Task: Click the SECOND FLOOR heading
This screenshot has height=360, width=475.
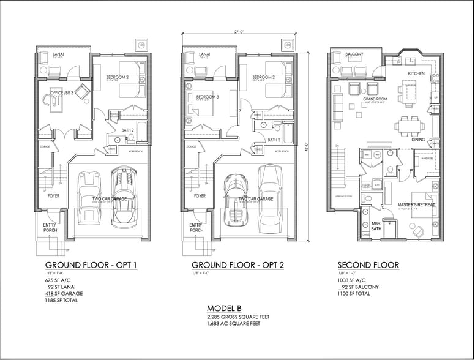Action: (x=368, y=265)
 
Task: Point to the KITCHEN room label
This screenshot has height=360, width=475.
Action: (x=416, y=73)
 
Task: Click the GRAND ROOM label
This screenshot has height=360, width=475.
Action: (x=374, y=98)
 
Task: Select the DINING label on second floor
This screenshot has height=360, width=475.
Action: (x=418, y=140)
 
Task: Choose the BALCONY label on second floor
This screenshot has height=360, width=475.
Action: (x=354, y=54)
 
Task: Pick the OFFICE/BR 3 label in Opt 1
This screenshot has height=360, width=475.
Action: (x=62, y=92)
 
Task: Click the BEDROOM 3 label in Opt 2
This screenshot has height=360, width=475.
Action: (x=208, y=97)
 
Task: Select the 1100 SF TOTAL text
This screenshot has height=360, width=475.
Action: (x=354, y=294)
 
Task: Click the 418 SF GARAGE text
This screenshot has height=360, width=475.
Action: (x=64, y=293)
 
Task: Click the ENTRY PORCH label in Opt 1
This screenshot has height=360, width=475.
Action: (x=50, y=228)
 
